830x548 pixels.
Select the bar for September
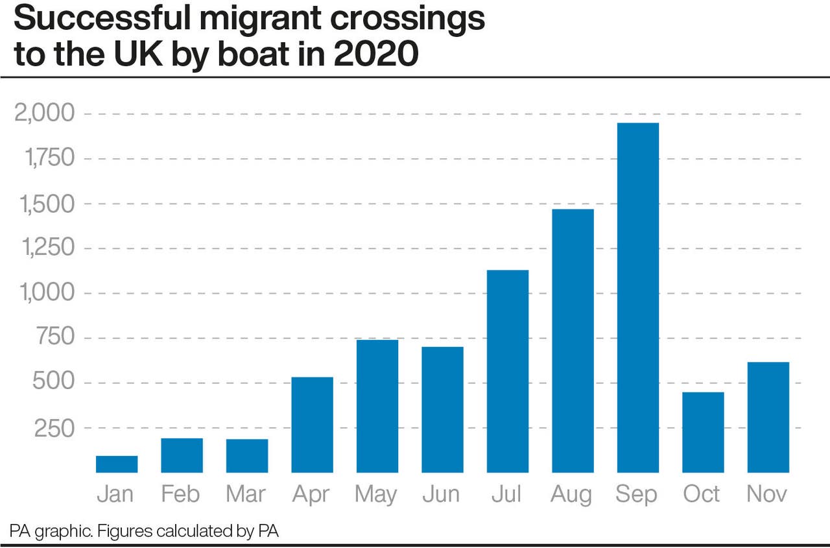pyautogui.click(x=637, y=298)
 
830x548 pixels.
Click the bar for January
pyautogui.click(x=117, y=464)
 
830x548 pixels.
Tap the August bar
pyautogui.click(x=573, y=340)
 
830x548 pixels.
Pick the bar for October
pyautogui.click(x=703, y=433)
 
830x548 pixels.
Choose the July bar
pyautogui.click(x=507, y=371)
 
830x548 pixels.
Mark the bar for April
pyautogui.click(x=312, y=425)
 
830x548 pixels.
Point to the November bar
pyautogui.click(x=768, y=417)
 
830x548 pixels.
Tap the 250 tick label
pyautogui.click(x=54, y=428)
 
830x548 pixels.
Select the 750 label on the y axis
pyautogui.click(x=54, y=338)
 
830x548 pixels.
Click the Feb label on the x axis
pyautogui.click(x=181, y=494)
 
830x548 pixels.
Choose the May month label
pyautogui.click(x=376, y=494)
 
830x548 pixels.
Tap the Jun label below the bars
pyautogui.click(x=442, y=494)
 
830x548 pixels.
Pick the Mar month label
pyautogui.click(x=246, y=494)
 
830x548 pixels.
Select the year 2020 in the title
pyautogui.click(x=375, y=54)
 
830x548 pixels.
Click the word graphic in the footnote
pyautogui.click(x=62, y=532)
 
